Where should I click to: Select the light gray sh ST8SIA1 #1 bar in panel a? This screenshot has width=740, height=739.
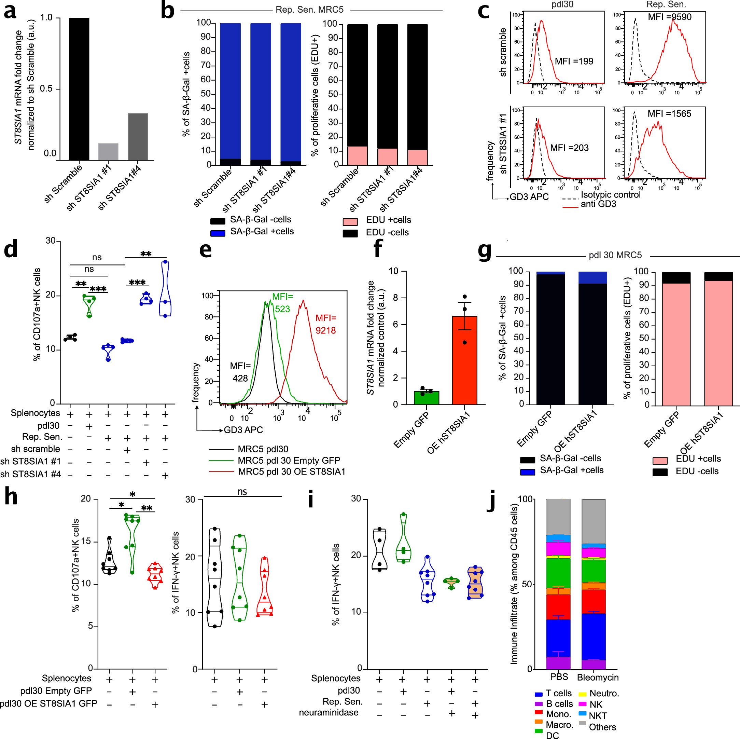point(108,151)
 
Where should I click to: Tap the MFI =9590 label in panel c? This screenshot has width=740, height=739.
point(670,17)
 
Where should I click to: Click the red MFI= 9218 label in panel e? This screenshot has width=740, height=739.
point(325,324)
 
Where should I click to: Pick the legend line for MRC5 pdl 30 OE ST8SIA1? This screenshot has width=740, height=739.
point(221,471)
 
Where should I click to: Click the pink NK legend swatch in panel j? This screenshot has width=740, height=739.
point(583,704)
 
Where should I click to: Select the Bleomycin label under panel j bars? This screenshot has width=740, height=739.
point(598,677)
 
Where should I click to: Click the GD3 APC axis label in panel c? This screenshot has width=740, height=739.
point(529,197)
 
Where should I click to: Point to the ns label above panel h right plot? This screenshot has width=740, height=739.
point(242,492)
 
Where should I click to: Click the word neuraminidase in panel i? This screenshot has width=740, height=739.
point(329,713)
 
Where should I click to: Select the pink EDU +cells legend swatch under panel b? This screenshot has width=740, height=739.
point(350,221)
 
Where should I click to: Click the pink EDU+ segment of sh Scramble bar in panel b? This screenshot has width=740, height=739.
point(357,155)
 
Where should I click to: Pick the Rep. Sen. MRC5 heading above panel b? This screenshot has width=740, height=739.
point(309,10)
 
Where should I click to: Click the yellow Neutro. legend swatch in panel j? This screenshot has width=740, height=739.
point(582,694)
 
